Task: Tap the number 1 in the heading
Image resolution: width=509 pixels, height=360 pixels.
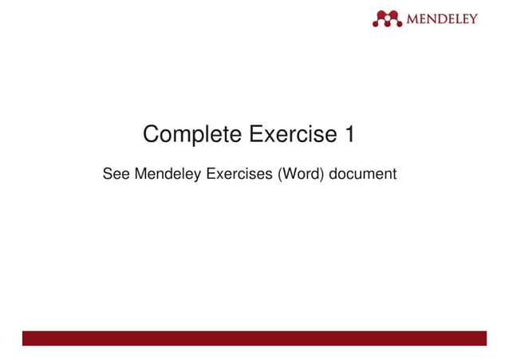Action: pos(349,135)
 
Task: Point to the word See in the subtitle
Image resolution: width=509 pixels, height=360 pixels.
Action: pos(116,173)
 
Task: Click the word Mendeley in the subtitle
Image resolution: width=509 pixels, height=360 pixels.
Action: pos(169,173)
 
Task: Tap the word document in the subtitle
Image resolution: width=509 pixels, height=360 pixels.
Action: pos(363,173)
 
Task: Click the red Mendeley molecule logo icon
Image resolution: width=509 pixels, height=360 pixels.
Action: pos(387,18)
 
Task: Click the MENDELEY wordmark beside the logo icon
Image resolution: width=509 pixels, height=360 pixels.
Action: pos(442,18)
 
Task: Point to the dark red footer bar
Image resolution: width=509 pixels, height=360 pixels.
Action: pos(254,338)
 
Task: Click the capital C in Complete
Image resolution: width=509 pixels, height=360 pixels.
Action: pos(152,135)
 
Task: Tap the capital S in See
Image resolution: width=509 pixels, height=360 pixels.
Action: pos(108,173)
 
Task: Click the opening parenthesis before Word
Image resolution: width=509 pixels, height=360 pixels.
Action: pos(279,173)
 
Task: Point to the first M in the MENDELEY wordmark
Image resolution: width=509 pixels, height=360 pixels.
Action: pos(413,18)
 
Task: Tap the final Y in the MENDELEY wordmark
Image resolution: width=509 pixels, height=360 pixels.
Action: pos(472,18)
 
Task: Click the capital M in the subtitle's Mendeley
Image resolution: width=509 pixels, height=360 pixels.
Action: pos(140,173)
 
